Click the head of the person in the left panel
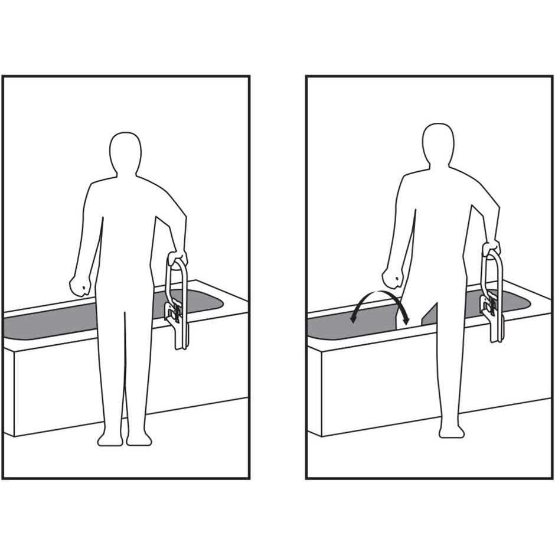pyautogui.click(x=125, y=152)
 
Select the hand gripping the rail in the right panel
pyautogui.click(x=491, y=248)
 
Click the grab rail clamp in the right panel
pyautogui.click(x=489, y=304)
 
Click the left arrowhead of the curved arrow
pyautogui.click(x=353, y=319)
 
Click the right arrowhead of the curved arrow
pyautogui.click(x=406, y=321)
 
